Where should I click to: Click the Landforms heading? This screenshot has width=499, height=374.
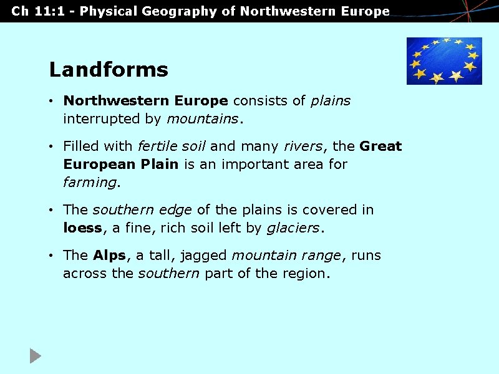click(109, 69)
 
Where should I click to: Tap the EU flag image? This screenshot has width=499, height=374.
click(444, 60)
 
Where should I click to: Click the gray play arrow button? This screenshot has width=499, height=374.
click(36, 356)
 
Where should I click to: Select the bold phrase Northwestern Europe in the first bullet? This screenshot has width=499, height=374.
click(146, 101)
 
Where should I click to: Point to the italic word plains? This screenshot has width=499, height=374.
click(331, 101)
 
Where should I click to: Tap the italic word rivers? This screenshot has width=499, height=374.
click(303, 146)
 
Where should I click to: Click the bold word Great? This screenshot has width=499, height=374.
click(380, 146)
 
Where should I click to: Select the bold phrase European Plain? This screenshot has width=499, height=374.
click(120, 165)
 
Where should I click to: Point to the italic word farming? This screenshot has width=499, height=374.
click(89, 183)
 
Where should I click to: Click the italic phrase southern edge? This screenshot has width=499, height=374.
click(142, 210)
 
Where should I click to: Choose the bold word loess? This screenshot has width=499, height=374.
click(82, 228)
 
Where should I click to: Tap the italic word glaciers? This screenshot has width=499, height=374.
click(293, 228)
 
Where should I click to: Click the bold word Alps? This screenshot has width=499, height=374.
click(109, 256)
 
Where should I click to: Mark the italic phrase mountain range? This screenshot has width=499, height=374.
click(286, 256)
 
